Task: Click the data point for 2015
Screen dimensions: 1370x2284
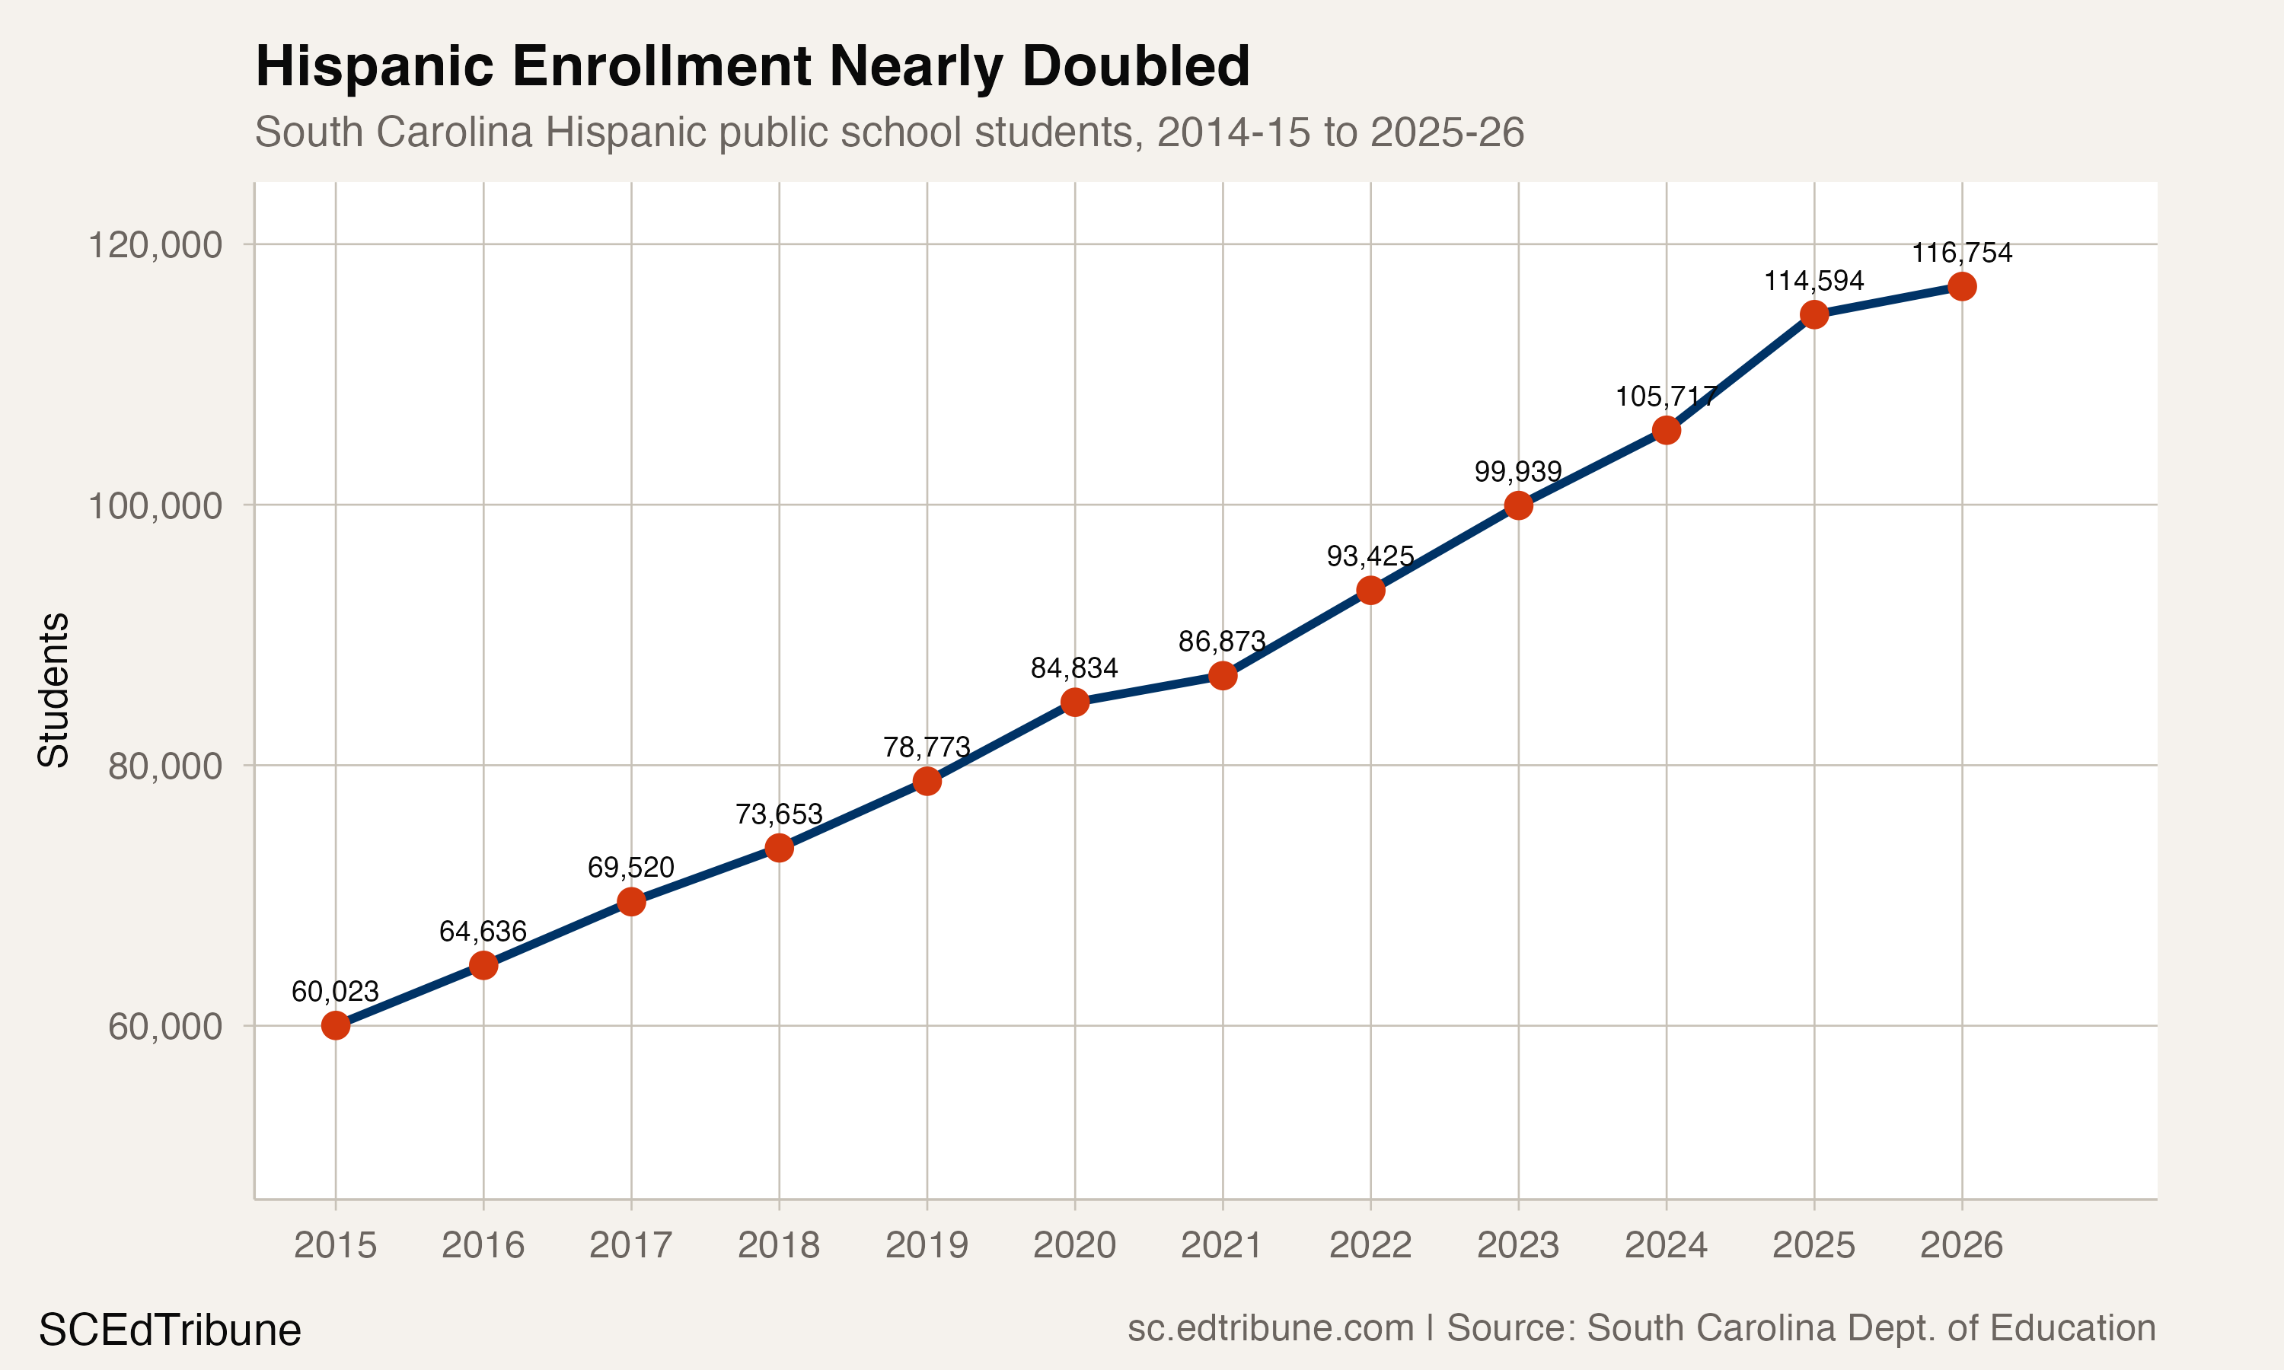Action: pos(335,1024)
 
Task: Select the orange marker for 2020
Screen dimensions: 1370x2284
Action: pos(1074,703)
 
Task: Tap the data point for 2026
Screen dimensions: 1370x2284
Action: pos(1962,286)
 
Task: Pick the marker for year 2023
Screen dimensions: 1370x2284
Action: pos(1518,505)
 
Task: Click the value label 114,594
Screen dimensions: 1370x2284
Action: pos(1813,281)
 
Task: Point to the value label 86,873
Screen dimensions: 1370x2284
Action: pos(1221,641)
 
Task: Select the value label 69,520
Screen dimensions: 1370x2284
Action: pos(630,867)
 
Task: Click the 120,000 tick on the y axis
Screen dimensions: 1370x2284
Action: pos(155,246)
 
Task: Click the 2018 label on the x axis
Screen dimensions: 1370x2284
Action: pos(778,1245)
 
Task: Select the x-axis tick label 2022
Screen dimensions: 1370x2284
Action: pos(1370,1245)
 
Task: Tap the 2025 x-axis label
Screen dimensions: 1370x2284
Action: pos(1813,1245)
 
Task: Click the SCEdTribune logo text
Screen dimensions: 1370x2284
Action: pos(170,1330)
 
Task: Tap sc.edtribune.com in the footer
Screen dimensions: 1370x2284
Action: pos(1271,1327)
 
